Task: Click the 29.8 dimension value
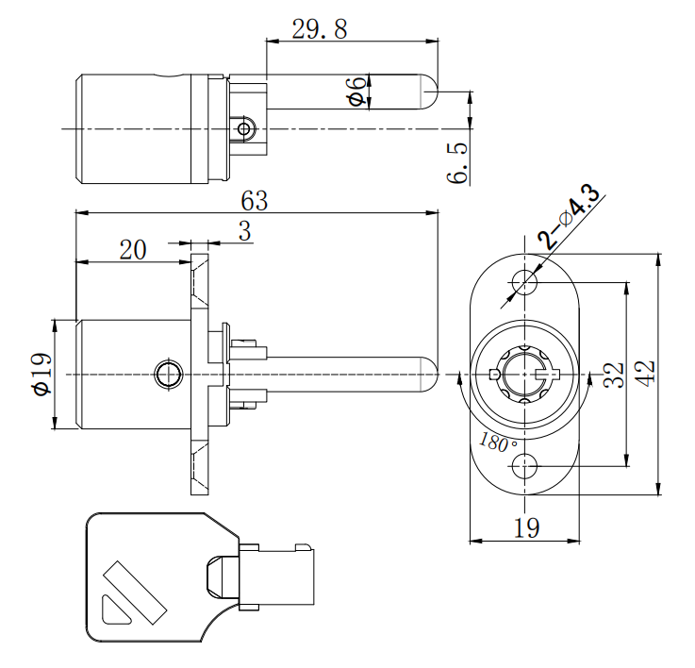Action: coord(319,29)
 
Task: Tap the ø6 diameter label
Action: coord(356,92)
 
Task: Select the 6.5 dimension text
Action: coord(459,162)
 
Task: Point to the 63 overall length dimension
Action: coord(255,201)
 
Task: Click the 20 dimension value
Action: coord(133,249)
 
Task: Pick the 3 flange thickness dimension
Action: coord(244,232)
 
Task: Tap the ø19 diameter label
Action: coord(40,374)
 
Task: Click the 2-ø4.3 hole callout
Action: coord(570,217)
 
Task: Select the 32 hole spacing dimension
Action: coord(614,375)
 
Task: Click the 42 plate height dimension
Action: coord(645,374)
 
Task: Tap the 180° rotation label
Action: coord(498,442)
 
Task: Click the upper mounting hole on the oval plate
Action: coord(524,281)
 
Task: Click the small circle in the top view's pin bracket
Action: coord(245,127)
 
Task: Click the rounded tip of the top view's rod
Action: coord(430,92)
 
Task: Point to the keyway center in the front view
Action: coord(524,375)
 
